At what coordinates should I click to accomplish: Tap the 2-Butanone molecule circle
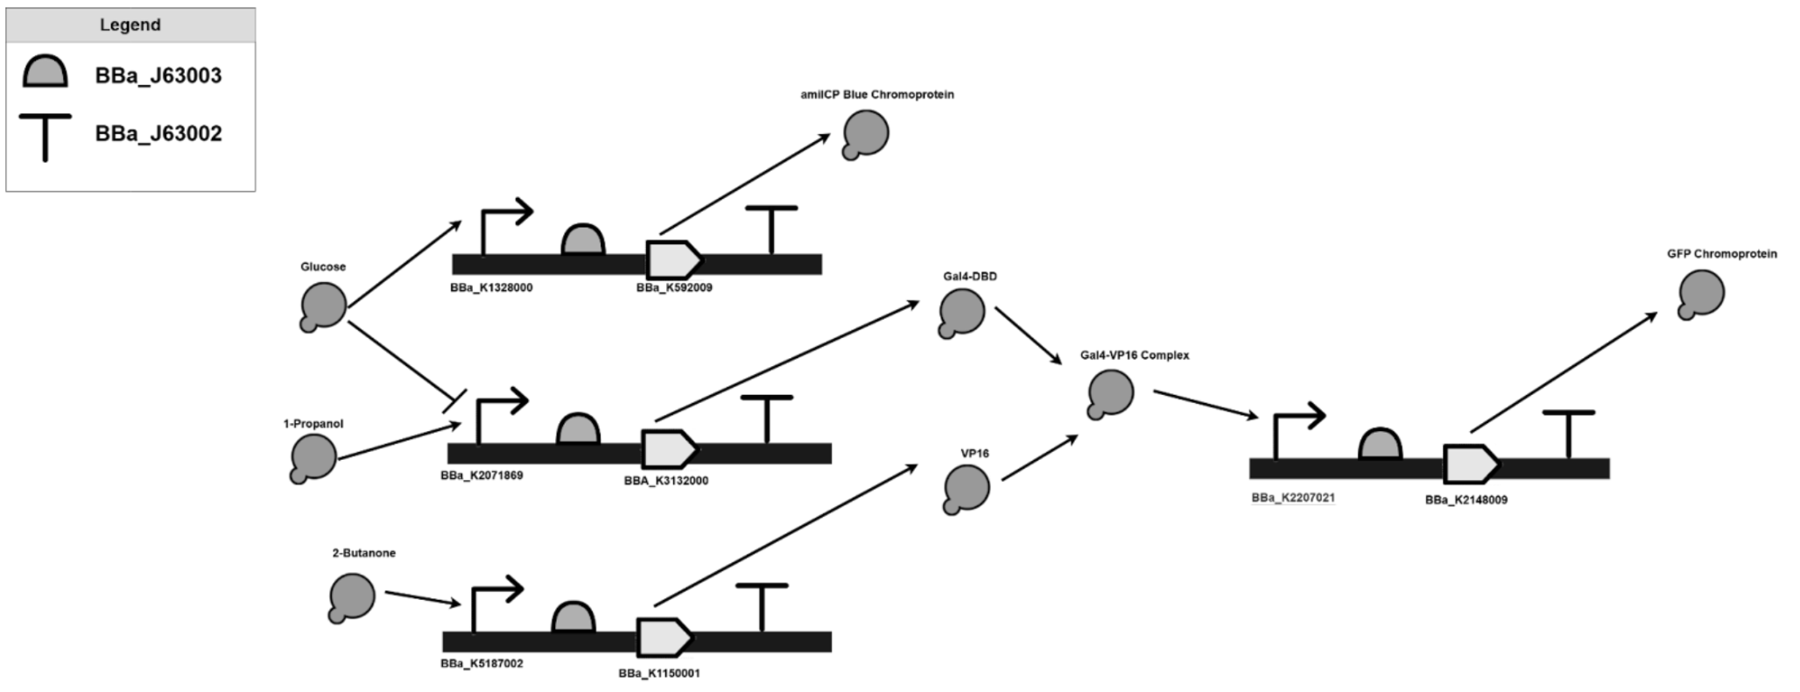tap(352, 597)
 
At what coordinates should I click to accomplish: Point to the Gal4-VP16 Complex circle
tap(1110, 393)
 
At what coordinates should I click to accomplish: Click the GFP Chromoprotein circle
tap(1701, 293)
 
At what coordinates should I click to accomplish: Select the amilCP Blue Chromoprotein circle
tap(866, 134)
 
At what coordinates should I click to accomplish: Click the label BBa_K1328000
tap(491, 287)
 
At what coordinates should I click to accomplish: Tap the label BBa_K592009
tap(674, 287)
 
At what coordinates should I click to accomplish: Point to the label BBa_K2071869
tap(482, 476)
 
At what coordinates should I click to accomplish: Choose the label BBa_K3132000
tap(666, 481)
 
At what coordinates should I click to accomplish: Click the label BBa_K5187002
tap(482, 664)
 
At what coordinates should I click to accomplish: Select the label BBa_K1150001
tap(659, 674)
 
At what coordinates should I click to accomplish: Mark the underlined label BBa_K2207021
tap(1293, 498)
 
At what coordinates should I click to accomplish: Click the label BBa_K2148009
tap(1466, 500)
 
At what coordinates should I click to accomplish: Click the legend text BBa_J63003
tap(158, 76)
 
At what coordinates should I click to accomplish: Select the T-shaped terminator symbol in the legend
tap(45, 137)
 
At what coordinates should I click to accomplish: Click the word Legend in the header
tap(130, 25)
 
